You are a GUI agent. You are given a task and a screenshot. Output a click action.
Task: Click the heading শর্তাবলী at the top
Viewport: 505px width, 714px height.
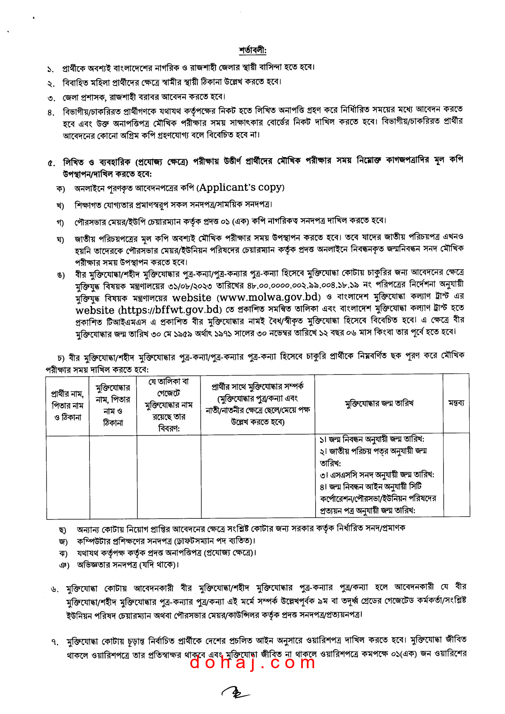(252, 50)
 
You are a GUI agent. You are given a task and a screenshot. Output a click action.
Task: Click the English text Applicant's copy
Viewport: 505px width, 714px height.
(241, 188)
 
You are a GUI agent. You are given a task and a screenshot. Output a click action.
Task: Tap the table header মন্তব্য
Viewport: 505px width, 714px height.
(456, 403)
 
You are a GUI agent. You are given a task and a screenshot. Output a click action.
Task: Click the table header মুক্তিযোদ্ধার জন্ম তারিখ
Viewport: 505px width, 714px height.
(379, 403)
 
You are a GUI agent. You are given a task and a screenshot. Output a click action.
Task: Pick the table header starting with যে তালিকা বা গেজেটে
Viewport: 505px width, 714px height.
(169, 405)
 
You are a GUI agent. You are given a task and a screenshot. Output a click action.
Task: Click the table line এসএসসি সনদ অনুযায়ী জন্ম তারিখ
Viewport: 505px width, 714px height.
(377, 475)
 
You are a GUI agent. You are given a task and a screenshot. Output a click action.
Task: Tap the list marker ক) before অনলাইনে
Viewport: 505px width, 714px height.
(60, 189)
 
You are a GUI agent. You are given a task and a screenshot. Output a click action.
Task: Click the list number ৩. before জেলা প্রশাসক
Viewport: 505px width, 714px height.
(51, 98)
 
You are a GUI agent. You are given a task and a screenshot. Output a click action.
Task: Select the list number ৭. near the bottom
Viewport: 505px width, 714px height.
(55, 642)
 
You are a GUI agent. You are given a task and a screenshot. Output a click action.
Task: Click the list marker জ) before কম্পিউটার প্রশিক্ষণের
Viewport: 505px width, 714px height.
(63, 542)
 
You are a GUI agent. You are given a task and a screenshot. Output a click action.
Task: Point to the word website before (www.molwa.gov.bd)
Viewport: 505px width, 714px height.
(192, 298)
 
